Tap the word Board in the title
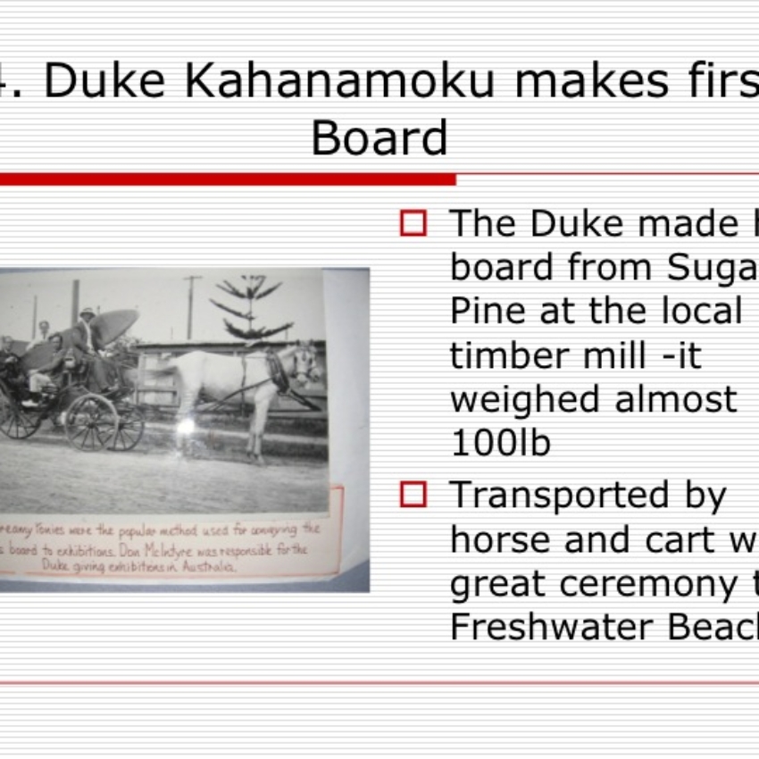pos(379,138)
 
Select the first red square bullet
pos(413,223)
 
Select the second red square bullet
pos(413,494)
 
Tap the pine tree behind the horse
pos(250,308)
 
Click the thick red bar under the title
pos(228,179)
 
